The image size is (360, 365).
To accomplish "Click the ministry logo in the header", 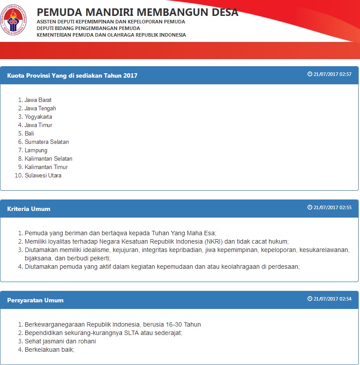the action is pyautogui.click(x=14, y=20).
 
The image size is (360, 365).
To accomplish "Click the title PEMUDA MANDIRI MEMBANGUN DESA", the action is pyautogui.click(x=137, y=12).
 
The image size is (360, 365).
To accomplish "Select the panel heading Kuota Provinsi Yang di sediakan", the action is pyautogui.click(x=72, y=75).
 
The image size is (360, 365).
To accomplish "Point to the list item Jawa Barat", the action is pyautogui.click(x=38, y=100).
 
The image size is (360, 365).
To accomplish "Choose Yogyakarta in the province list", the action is pyautogui.click(x=38, y=117).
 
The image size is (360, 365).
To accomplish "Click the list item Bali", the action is pyautogui.click(x=29, y=133).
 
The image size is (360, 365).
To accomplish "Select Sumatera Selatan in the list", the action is pyautogui.click(x=47, y=142).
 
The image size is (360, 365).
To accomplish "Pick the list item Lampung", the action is pyautogui.click(x=36, y=151).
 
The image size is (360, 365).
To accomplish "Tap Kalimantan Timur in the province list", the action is pyautogui.click(x=46, y=167).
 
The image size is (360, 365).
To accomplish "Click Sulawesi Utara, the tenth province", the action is pyautogui.click(x=43, y=176).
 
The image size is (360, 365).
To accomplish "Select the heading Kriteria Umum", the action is pyautogui.click(x=29, y=209).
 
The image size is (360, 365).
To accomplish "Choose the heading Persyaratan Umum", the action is pyautogui.click(x=35, y=300).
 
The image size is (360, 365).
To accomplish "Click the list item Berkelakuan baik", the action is pyautogui.click(x=49, y=350).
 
